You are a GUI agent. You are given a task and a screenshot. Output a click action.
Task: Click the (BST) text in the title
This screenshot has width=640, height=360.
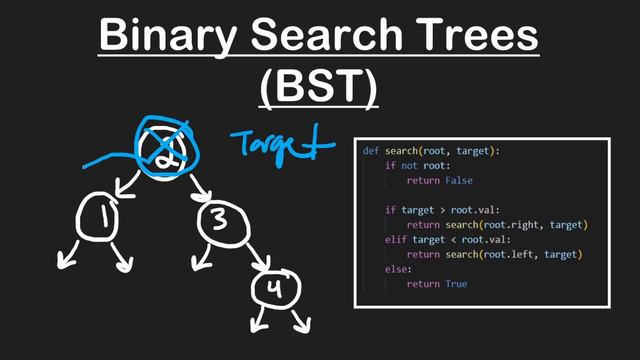point(319,88)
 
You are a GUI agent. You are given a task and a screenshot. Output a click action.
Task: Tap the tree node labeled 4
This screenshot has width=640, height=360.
point(272,290)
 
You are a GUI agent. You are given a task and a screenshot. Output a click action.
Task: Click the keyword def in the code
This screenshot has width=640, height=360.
point(370,151)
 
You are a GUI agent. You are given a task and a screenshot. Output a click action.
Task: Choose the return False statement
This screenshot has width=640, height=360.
point(437,181)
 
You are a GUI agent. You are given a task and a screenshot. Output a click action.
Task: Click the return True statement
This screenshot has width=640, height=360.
point(435,285)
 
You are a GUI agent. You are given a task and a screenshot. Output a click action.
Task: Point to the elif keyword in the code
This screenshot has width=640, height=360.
point(396,240)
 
